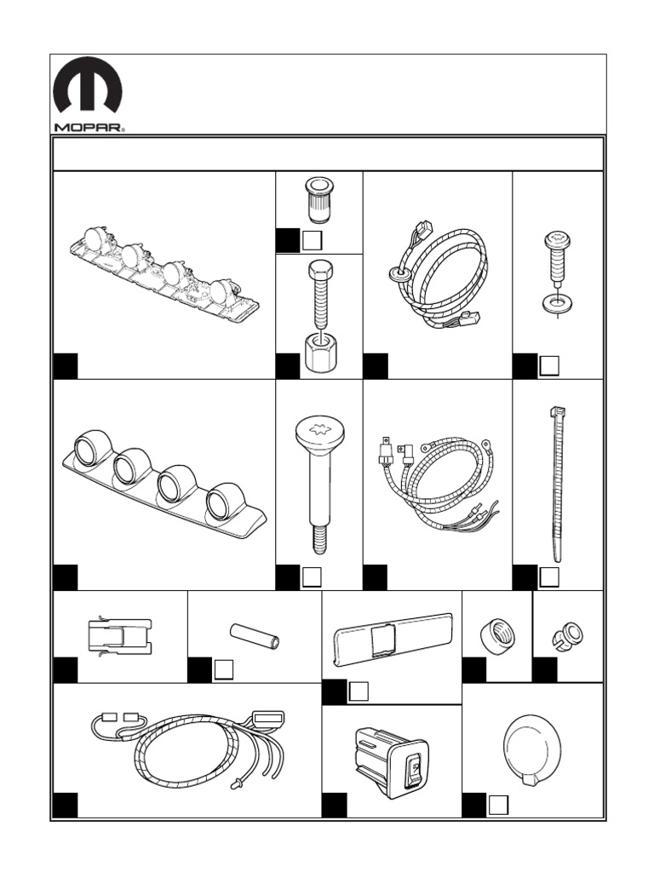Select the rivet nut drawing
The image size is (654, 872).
coord(318,199)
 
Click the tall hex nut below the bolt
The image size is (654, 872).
coord(318,349)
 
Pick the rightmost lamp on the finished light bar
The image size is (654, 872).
coord(223,500)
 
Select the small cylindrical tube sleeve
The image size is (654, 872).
coord(255,636)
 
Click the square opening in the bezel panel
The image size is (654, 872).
coord(383,634)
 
